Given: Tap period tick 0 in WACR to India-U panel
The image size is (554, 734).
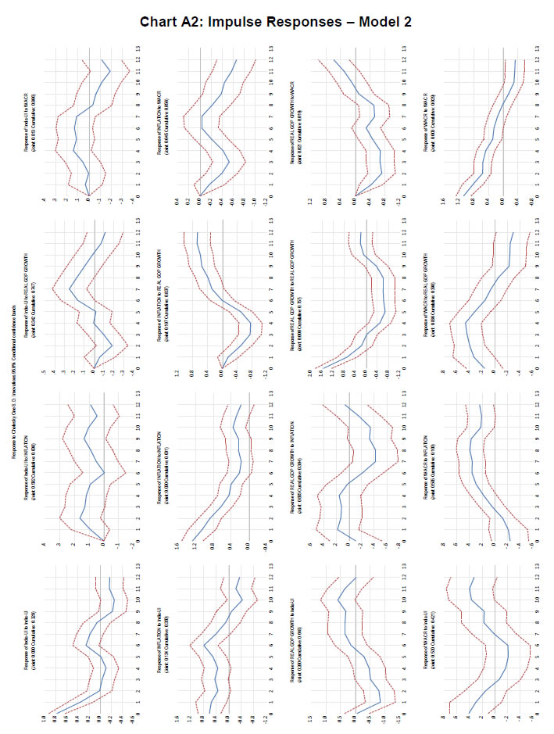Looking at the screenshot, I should (529, 713).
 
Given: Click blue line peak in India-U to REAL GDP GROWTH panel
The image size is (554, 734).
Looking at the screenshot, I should (70, 290).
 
